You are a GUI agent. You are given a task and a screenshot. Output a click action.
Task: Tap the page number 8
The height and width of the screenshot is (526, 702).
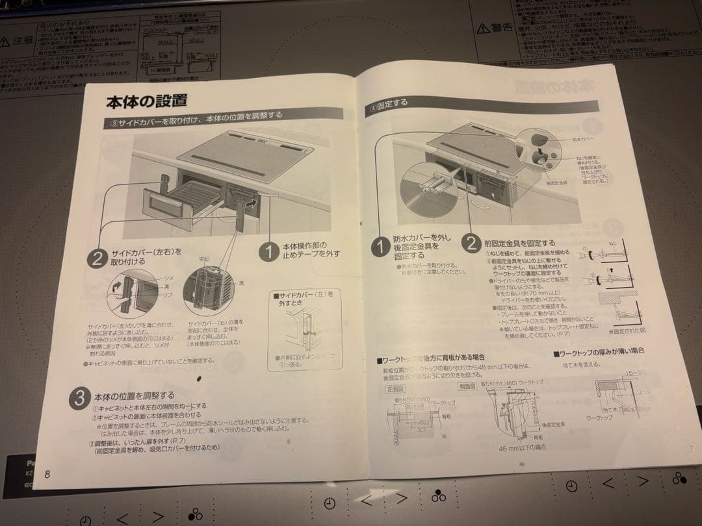tap(47, 473)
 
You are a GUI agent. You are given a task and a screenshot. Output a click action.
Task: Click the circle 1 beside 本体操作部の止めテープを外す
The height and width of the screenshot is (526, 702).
tap(268, 252)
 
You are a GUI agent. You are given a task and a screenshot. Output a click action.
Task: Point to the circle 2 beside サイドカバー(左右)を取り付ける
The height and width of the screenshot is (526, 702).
tap(96, 258)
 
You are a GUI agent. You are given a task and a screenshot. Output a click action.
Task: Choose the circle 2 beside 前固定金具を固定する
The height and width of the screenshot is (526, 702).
tap(471, 244)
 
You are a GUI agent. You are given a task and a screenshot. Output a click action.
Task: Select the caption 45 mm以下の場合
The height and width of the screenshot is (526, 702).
tap(522, 447)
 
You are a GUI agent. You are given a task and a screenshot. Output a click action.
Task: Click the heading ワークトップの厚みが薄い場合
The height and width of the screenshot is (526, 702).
tap(601, 351)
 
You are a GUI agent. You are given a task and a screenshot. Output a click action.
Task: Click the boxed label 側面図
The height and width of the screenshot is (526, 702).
tap(467, 385)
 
